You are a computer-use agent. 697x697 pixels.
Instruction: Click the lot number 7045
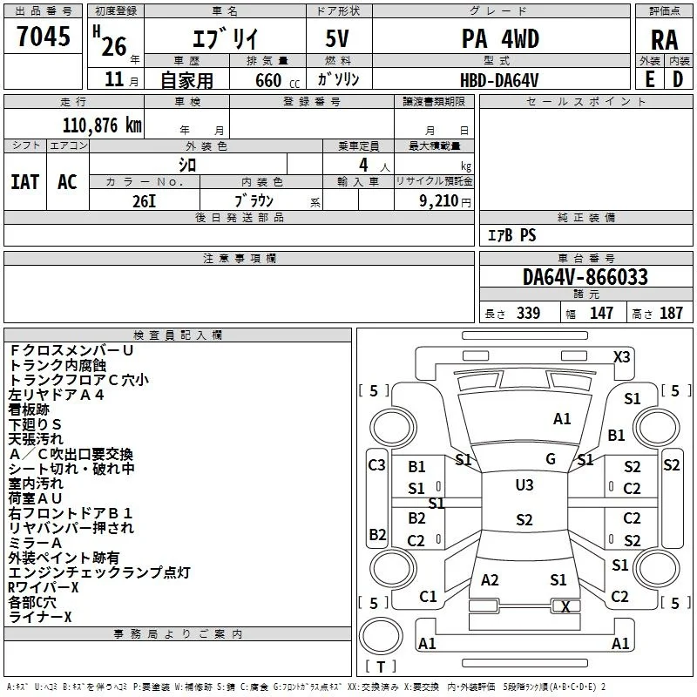pos(44,36)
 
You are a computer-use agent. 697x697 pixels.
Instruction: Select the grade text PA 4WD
pos(500,38)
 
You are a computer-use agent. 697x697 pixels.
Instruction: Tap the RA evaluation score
pos(664,40)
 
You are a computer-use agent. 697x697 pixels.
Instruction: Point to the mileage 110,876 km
pos(102,125)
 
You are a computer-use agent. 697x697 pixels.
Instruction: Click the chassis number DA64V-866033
pos(585,277)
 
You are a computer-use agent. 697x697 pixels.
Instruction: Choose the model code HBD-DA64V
pos(499,80)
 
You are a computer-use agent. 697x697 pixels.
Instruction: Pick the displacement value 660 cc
pos(277,80)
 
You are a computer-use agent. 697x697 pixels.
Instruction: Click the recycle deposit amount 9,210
pos(439,201)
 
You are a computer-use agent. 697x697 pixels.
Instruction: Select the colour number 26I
pos(144,201)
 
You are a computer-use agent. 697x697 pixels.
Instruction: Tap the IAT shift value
pos(25,182)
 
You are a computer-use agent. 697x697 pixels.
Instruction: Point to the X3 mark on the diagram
pos(621,357)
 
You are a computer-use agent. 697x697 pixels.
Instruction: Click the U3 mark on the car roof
pos(524,485)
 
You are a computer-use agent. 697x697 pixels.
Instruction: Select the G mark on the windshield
pos(551,459)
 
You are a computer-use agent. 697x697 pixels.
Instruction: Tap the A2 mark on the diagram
pos(490,580)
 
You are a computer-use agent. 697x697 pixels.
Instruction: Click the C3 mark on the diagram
pos(376,465)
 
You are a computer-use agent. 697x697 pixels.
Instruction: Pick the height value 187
pos(671,313)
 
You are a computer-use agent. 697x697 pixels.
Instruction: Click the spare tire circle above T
pos(381,636)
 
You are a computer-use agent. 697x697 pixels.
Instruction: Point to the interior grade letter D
pos(678,80)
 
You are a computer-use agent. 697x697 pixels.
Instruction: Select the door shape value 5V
pos(337,38)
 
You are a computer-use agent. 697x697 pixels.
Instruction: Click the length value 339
pos(528,313)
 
